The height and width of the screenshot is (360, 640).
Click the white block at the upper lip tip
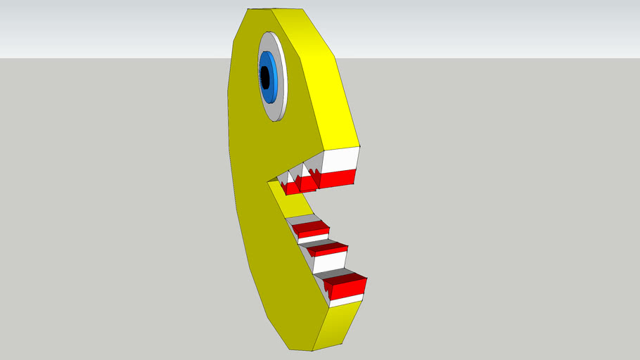coord(340,160)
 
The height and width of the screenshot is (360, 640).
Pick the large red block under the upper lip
coord(338,179)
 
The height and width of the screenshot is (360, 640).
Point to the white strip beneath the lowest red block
coord(346,300)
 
